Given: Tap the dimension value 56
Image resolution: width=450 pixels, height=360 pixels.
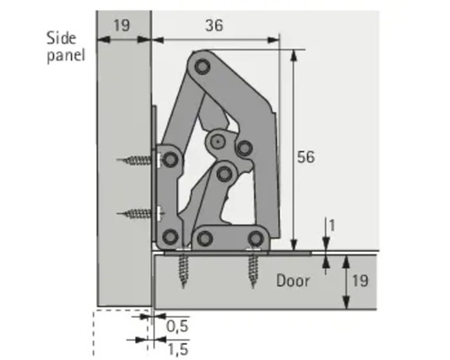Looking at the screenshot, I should point(306,157).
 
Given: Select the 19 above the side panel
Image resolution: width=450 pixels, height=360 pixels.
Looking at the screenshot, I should point(121,25).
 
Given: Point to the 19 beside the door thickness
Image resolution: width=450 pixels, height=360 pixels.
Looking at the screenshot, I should point(358,281).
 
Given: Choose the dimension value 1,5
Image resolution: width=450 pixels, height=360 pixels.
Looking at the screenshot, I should point(177,346).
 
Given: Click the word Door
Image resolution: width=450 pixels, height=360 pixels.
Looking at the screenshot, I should point(292,281).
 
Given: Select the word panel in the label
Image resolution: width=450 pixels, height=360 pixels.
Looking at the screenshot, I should point(67,56).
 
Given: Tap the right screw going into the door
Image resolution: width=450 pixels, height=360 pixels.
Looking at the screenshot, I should point(254,268).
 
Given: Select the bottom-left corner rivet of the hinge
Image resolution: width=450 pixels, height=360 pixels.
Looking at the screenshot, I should point(168,238).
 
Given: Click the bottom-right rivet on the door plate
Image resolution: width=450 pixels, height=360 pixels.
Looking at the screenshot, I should point(257,238).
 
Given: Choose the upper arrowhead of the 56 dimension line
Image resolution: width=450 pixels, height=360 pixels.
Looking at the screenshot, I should point(294,43).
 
